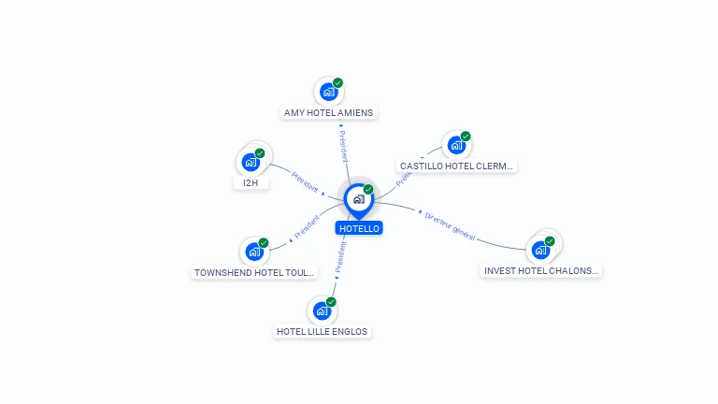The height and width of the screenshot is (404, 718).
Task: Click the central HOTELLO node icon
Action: (x=358, y=199)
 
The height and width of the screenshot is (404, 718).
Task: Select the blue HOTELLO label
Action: (x=359, y=228)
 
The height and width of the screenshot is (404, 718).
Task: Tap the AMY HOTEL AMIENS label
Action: (x=328, y=113)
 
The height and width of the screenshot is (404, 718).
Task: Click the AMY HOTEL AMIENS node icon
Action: (x=328, y=92)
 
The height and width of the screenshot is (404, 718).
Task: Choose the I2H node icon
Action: (x=250, y=162)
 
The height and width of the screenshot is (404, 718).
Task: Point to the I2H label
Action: (x=251, y=183)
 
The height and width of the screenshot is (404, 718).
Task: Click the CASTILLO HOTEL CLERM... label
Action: (x=457, y=166)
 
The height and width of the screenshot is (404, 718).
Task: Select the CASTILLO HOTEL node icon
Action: (x=456, y=145)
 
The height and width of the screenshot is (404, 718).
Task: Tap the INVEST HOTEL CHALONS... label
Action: (x=540, y=271)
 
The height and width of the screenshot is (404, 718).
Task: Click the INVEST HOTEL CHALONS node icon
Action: (x=540, y=250)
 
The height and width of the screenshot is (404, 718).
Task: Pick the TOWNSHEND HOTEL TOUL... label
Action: (x=254, y=273)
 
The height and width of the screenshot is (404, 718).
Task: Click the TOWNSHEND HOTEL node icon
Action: (x=253, y=252)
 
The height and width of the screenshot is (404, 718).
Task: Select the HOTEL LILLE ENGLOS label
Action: (x=323, y=331)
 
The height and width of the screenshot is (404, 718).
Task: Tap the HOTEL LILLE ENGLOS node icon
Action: (x=323, y=310)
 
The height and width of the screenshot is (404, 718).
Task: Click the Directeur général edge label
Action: (x=450, y=226)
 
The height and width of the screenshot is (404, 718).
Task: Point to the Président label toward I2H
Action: (x=305, y=180)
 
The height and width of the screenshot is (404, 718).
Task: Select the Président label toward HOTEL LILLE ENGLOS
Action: (x=340, y=254)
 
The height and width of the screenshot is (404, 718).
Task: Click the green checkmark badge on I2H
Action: (x=260, y=153)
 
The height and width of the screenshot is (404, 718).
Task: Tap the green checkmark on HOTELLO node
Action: (x=368, y=190)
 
